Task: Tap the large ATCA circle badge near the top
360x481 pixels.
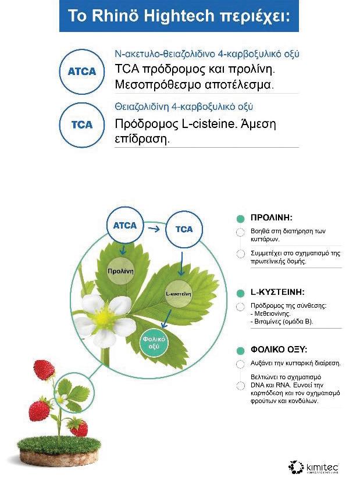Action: [x=78, y=71]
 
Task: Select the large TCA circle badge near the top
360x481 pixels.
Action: [x=78, y=124]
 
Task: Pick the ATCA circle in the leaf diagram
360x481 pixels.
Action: [x=124, y=226]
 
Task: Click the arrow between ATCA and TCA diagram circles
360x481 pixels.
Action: [x=154, y=228]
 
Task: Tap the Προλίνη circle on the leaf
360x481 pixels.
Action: [x=121, y=271]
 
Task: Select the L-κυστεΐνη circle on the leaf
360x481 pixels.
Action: [x=179, y=293]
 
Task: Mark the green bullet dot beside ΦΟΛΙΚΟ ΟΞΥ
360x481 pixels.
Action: [x=239, y=351]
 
